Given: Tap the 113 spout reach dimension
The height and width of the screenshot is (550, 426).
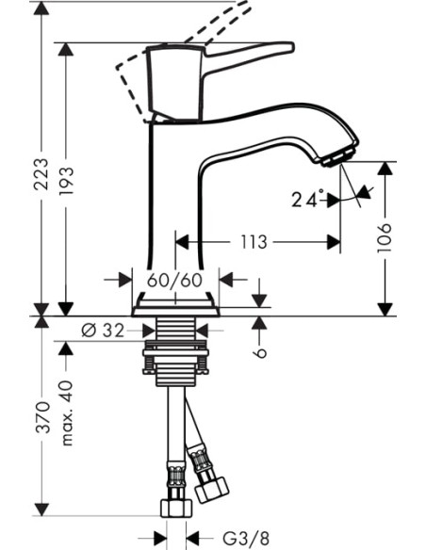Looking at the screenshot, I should click(x=252, y=242).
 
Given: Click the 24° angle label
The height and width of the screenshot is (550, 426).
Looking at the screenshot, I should click(x=306, y=199).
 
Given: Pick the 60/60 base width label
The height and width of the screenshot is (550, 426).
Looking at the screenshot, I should click(x=175, y=280).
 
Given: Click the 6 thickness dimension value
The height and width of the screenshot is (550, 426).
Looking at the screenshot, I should click(x=261, y=350).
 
